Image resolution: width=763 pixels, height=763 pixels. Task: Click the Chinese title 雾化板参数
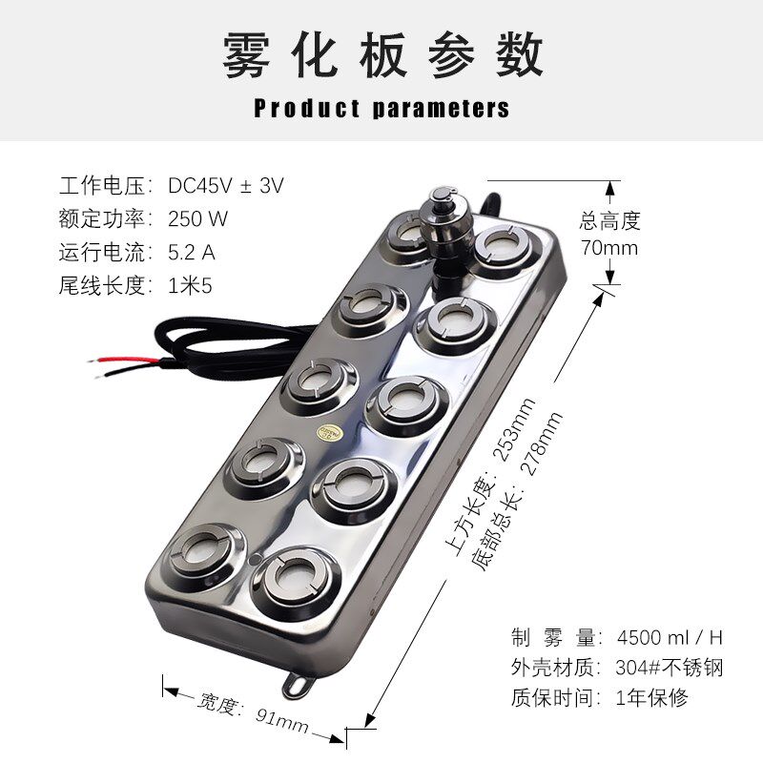381,55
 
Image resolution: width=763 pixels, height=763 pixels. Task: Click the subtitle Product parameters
381,108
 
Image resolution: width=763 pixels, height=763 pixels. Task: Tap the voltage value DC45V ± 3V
226,185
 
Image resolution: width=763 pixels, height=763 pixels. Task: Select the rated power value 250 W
198,218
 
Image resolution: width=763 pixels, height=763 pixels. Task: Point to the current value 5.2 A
192,252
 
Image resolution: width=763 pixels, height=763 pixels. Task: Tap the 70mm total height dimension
608,249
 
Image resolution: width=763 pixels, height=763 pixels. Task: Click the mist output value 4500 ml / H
671,636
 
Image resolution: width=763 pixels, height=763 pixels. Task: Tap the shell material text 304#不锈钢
671,667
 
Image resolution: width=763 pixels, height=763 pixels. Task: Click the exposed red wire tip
95,360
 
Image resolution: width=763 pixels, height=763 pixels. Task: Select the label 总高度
610,221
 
